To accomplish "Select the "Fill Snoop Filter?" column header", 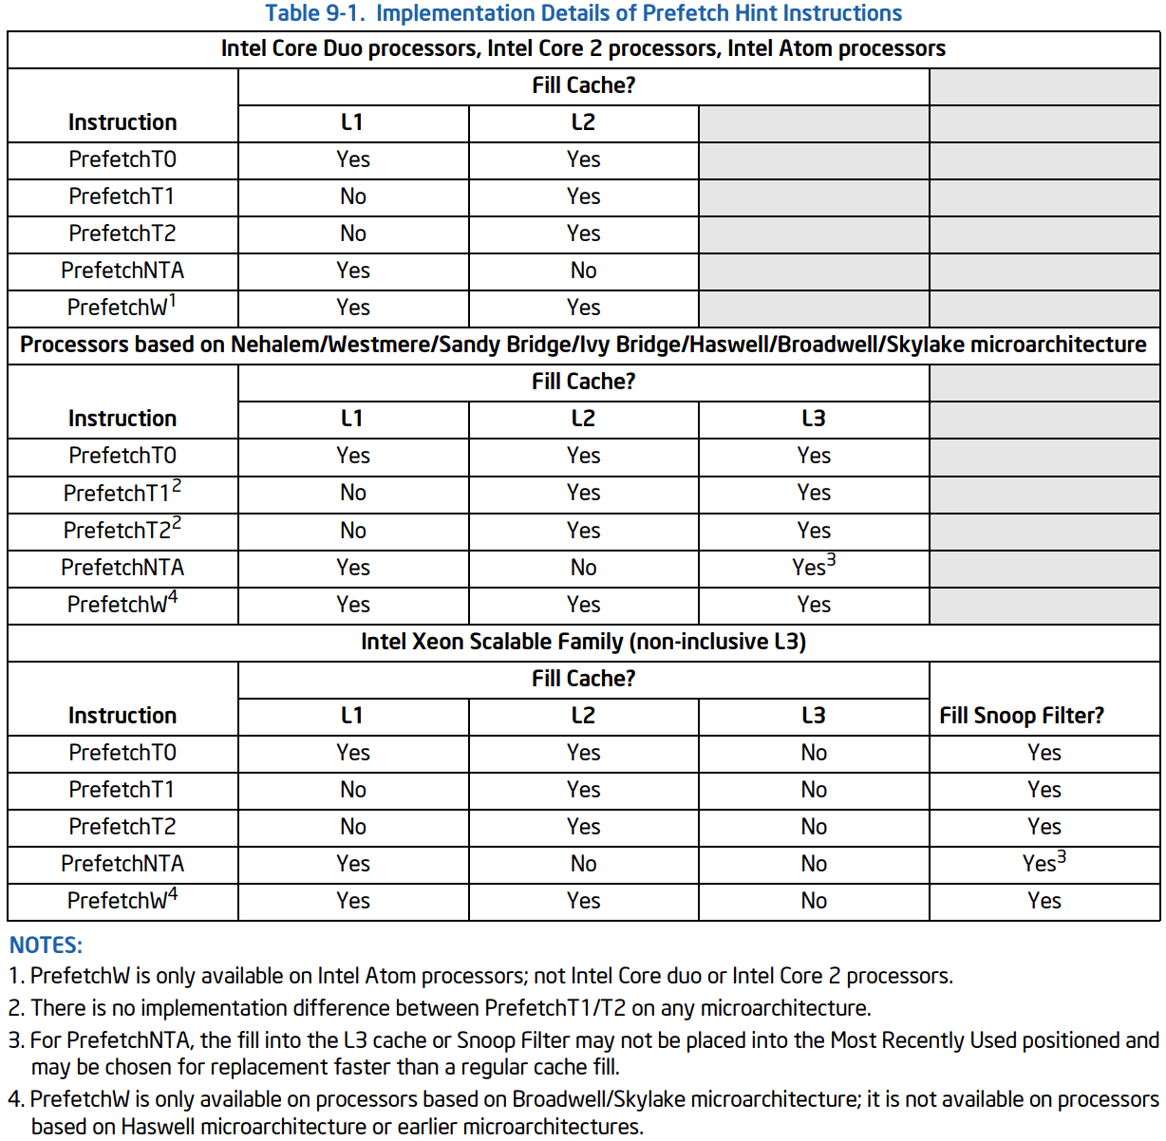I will pyautogui.click(x=1021, y=716).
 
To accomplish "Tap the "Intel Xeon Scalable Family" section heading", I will pyautogui.click(x=583, y=642).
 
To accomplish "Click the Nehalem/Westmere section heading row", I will pyautogui.click(x=583, y=345).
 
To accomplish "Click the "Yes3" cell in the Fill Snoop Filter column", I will pyautogui.click(x=1044, y=863).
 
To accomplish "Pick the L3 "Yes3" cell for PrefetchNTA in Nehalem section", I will pyautogui.click(x=814, y=567).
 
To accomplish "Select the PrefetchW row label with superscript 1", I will pyautogui.click(x=122, y=307).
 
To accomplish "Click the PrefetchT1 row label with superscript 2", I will pyautogui.click(x=122, y=493).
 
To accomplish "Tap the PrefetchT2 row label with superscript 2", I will pyautogui.click(x=122, y=530).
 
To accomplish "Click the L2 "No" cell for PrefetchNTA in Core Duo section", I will pyautogui.click(x=583, y=271).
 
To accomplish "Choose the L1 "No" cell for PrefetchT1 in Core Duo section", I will pyautogui.click(x=352, y=196).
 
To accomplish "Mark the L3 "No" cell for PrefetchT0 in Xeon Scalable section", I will pyautogui.click(x=814, y=753).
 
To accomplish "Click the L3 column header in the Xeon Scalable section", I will pyautogui.click(x=814, y=716).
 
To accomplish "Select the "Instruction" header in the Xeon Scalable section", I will pyautogui.click(x=122, y=716).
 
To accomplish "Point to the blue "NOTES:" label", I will pyautogui.click(x=46, y=945).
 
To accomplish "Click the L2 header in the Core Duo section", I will pyautogui.click(x=583, y=122).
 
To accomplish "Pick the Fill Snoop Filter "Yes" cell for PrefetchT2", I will pyautogui.click(x=1044, y=827).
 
